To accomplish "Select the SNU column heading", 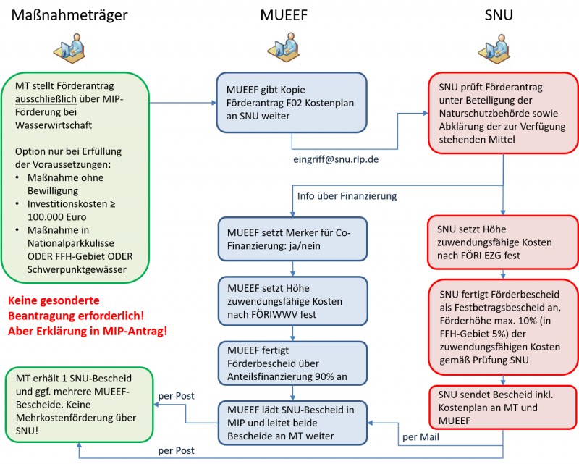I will (500, 16).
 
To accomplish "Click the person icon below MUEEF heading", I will (292, 49).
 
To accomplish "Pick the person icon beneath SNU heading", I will (499, 49).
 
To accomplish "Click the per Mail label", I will (420, 436).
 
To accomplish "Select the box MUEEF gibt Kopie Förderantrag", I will (292, 102).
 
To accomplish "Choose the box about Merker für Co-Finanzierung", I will (292, 240).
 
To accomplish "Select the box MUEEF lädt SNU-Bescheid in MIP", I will (292, 423).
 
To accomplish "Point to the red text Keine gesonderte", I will (54, 299).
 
